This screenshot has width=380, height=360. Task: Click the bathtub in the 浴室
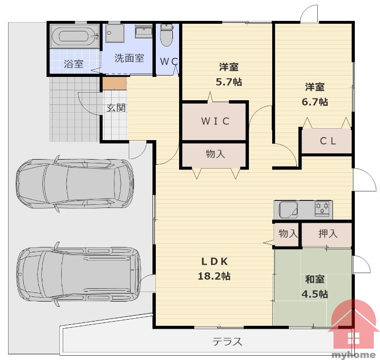click(x=75, y=37)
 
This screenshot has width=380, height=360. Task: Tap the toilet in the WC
click(x=167, y=35)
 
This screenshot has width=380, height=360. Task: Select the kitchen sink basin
click(x=288, y=209)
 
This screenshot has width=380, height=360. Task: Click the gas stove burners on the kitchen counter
click(x=322, y=208)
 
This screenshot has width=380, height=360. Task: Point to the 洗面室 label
click(x=129, y=58)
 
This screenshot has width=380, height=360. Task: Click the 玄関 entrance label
click(x=116, y=108)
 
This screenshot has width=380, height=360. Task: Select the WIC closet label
click(x=215, y=121)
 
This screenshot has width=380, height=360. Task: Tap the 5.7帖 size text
click(x=229, y=82)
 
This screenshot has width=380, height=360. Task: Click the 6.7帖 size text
click(x=314, y=102)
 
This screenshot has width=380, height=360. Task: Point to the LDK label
click(x=215, y=261)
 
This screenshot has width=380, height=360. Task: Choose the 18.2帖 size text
click(x=214, y=276)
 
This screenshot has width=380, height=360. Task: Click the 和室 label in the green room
click(x=314, y=279)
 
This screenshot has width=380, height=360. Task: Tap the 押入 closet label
click(x=328, y=234)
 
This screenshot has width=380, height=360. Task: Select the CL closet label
click(x=328, y=141)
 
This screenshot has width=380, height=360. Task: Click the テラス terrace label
click(x=228, y=342)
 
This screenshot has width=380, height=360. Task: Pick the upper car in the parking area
click(x=75, y=184)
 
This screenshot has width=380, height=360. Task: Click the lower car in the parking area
click(x=78, y=274)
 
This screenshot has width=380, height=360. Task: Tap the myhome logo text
click(x=353, y=355)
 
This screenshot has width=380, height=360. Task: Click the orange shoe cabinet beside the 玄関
click(x=114, y=83)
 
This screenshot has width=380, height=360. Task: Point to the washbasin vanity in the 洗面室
click(x=144, y=32)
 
